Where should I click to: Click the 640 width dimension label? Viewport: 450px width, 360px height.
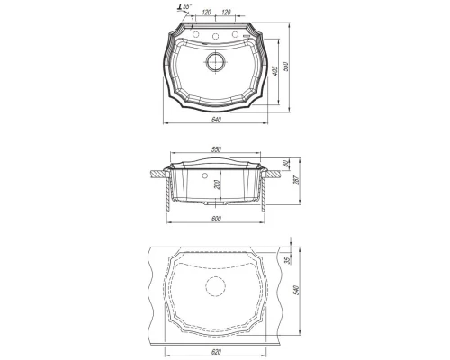216,120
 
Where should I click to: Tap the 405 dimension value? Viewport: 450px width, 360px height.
276,71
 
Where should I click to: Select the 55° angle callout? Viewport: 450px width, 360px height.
184,6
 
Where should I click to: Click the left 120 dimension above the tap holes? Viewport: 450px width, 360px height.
207,13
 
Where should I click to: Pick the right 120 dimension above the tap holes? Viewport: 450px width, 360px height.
226,13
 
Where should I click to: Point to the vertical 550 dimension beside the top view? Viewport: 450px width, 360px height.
286,67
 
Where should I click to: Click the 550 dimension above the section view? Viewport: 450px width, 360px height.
216,149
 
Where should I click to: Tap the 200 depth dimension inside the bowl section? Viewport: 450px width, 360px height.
218,184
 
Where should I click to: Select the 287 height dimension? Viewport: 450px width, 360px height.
298,181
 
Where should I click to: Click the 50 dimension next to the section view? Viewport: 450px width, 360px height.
286,164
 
